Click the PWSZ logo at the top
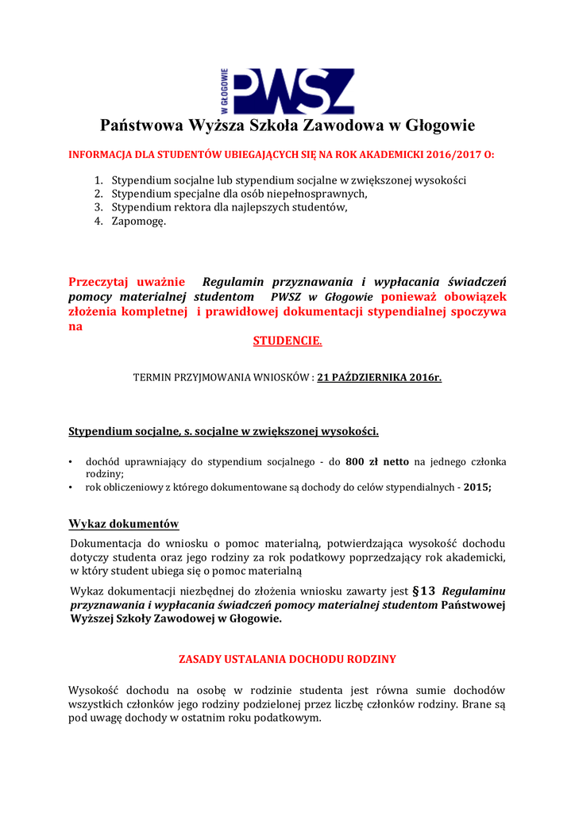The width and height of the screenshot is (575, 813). (287, 91)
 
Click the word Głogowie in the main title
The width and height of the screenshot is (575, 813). (440, 125)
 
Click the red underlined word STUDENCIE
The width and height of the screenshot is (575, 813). (287, 341)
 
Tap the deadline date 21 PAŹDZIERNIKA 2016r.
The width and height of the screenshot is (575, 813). (379, 378)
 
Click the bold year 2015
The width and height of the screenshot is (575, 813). (477, 487)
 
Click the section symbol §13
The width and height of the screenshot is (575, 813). (425, 591)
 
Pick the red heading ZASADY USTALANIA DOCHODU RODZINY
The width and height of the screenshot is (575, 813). (287, 659)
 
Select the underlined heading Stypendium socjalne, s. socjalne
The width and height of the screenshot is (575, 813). (223, 432)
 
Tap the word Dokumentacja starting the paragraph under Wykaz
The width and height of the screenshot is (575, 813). (106, 543)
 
